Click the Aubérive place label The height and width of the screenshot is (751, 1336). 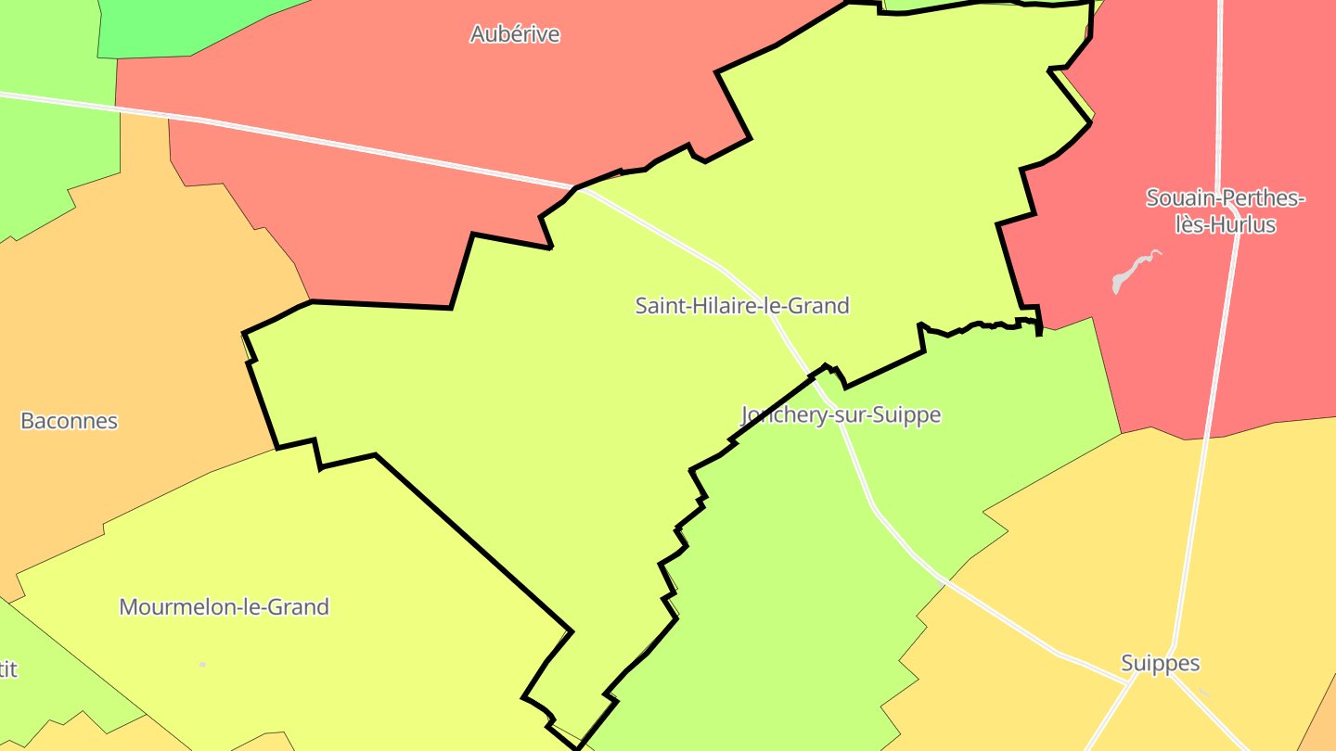tap(515, 34)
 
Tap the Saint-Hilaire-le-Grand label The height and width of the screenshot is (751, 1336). tap(742, 305)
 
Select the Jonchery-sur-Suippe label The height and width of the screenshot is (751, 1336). tap(841, 414)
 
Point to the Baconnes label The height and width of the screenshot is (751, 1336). tap(70, 421)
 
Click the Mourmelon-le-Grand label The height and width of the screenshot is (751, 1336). tap(225, 607)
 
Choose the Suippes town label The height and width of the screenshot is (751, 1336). tap(1160, 663)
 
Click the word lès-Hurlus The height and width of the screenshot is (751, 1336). tap(1226, 224)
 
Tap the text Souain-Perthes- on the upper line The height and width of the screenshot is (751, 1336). tap(1226, 197)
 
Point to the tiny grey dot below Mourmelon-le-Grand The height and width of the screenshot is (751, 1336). tap(202, 665)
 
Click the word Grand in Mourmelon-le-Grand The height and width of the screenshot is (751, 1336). tap(299, 607)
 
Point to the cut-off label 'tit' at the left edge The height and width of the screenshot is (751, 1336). tap(7, 668)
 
